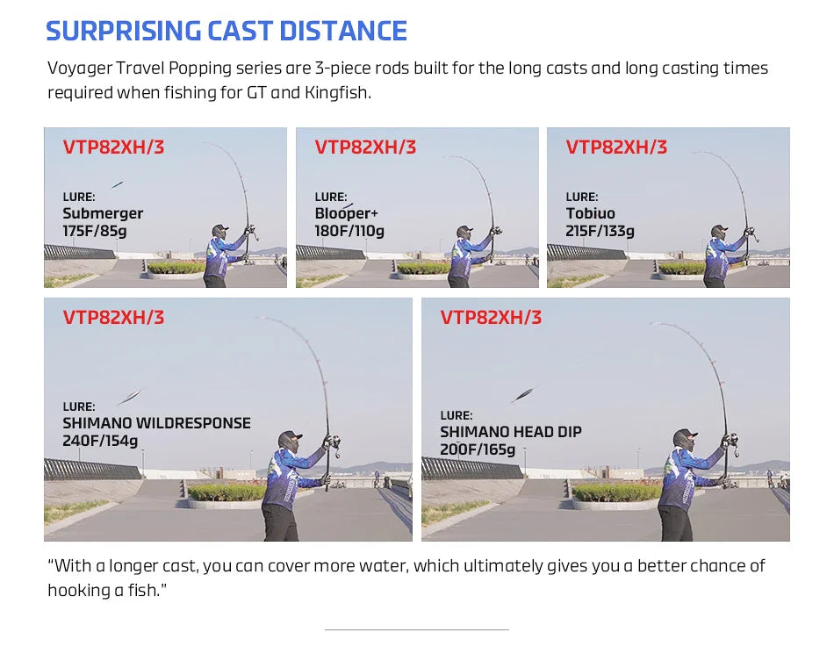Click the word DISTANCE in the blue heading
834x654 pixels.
[x=343, y=31]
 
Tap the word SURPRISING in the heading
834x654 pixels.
[x=124, y=31]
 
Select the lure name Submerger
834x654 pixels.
[x=103, y=213]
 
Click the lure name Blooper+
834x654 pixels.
[x=346, y=213]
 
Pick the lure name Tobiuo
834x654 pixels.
[x=591, y=213]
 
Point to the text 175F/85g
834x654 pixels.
[x=95, y=231]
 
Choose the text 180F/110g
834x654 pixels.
[x=349, y=231]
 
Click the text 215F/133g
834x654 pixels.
[x=600, y=231]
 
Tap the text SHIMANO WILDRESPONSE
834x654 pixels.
[x=157, y=423]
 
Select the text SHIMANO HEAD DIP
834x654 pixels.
[x=511, y=432]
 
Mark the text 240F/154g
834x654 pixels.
[x=100, y=441]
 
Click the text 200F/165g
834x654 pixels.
[x=478, y=449]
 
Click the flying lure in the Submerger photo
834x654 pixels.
[x=118, y=184]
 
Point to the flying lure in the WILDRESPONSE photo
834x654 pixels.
[x=131, y=396]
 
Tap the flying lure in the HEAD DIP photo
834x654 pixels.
[x=524, y=395]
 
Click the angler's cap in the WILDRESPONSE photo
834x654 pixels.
[x=291, y=436]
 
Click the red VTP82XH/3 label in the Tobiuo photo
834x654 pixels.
[x=616, y=147]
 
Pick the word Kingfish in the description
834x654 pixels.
[x=337, y=93]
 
